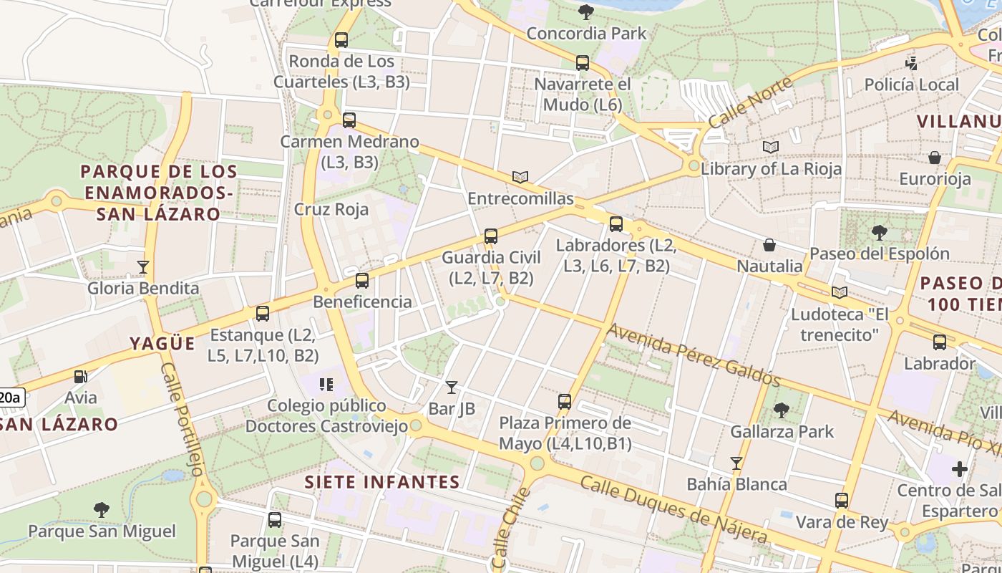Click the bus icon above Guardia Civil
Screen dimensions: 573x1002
click(490, 236)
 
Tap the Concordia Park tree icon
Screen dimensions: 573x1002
click(586, 11)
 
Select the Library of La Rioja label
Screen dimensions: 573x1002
click(771, 169)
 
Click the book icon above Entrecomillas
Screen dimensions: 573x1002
click(520, 177)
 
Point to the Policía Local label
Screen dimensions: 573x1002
click(911, 85)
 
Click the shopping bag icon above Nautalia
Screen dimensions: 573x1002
click(769, 245)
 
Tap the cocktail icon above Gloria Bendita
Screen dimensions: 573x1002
click(143, 267)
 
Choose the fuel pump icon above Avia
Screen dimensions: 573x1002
click(81, 376)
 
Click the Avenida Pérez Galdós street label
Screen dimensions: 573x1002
click(693, 354)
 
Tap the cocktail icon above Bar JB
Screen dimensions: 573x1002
click(451, 387)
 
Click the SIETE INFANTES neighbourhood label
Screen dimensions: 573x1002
click(382, 481)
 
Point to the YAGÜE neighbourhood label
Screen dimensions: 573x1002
click(162, 343)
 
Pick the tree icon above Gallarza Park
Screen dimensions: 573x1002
click(782, 410)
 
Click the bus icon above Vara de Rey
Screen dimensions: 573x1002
click(842, 500)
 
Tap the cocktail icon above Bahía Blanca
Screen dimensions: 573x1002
click(736, 463)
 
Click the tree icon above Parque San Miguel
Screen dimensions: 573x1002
click(102, 510)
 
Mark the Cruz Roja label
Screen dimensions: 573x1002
click(331, 209)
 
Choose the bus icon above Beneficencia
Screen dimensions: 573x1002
click(362, 281)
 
